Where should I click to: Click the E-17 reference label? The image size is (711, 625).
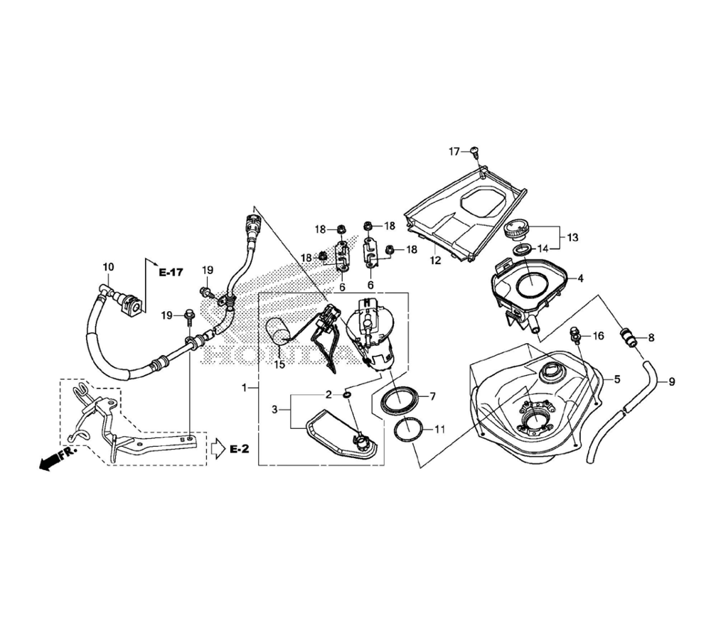pos(171,272)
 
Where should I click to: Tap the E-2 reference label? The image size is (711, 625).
pos(239,449)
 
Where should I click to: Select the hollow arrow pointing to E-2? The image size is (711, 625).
pos(218,449)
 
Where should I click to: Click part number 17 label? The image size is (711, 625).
pos(454,152)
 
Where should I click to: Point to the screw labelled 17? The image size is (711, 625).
pos(474,152)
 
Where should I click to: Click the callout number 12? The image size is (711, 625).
pos(435,261)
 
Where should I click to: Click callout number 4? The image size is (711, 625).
pos(580,278)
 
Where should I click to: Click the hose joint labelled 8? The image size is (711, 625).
pos(628,337)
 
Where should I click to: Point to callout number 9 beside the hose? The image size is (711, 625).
pos(672,382)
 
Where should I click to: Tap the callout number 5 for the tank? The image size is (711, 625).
pos(616,379)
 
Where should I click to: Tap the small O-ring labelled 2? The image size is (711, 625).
pos(348,396)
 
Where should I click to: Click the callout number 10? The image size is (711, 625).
pos(108,267)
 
